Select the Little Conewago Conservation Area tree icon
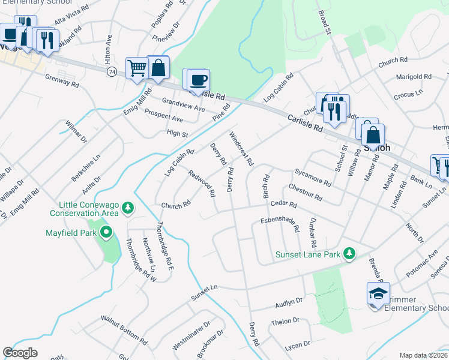coord(127,208)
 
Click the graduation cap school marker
coord(378,294)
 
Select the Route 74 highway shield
coord(112,71)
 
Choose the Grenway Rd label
coord(62,81)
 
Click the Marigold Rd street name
coord(414,77)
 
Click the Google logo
coord(20,353)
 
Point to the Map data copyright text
coord(423,355)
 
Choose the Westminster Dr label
coord(191,335)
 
